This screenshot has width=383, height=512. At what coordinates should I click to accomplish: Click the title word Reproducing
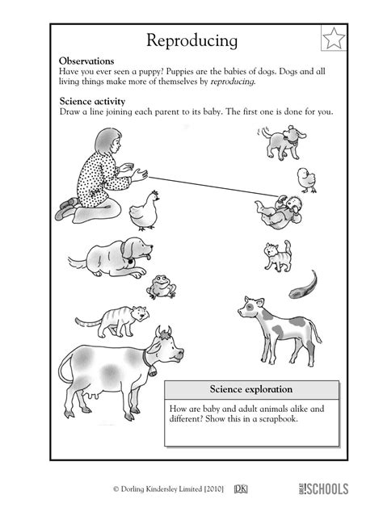click(x=191, y=40)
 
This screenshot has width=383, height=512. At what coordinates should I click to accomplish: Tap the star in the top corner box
click(x=333, y=38)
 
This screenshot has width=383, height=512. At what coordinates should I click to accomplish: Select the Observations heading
click(x=86, y=61)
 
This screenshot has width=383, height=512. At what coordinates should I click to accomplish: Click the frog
click(x=161, y=285)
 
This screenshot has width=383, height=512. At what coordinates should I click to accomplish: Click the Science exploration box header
click(x=240, y=389)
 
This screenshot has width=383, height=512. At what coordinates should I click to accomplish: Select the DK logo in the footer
click(x=240, y=488)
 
